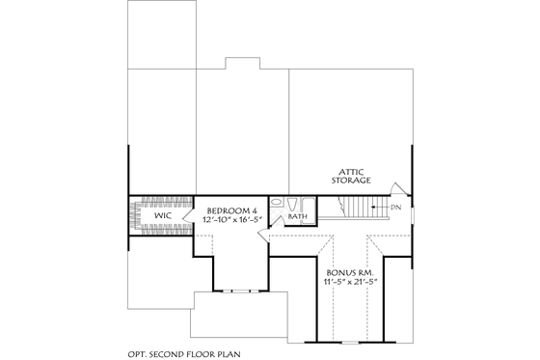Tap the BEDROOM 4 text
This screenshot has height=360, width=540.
point(232,209)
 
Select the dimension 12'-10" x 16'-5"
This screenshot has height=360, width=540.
point(232,220)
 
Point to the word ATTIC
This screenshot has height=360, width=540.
point(350,170)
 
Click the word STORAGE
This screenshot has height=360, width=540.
point(350,180)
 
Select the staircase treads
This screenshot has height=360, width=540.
point(362,207)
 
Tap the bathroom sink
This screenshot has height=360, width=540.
point(278,204)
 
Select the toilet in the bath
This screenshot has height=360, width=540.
point(290,204)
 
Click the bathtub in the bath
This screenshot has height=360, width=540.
point(308,205)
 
